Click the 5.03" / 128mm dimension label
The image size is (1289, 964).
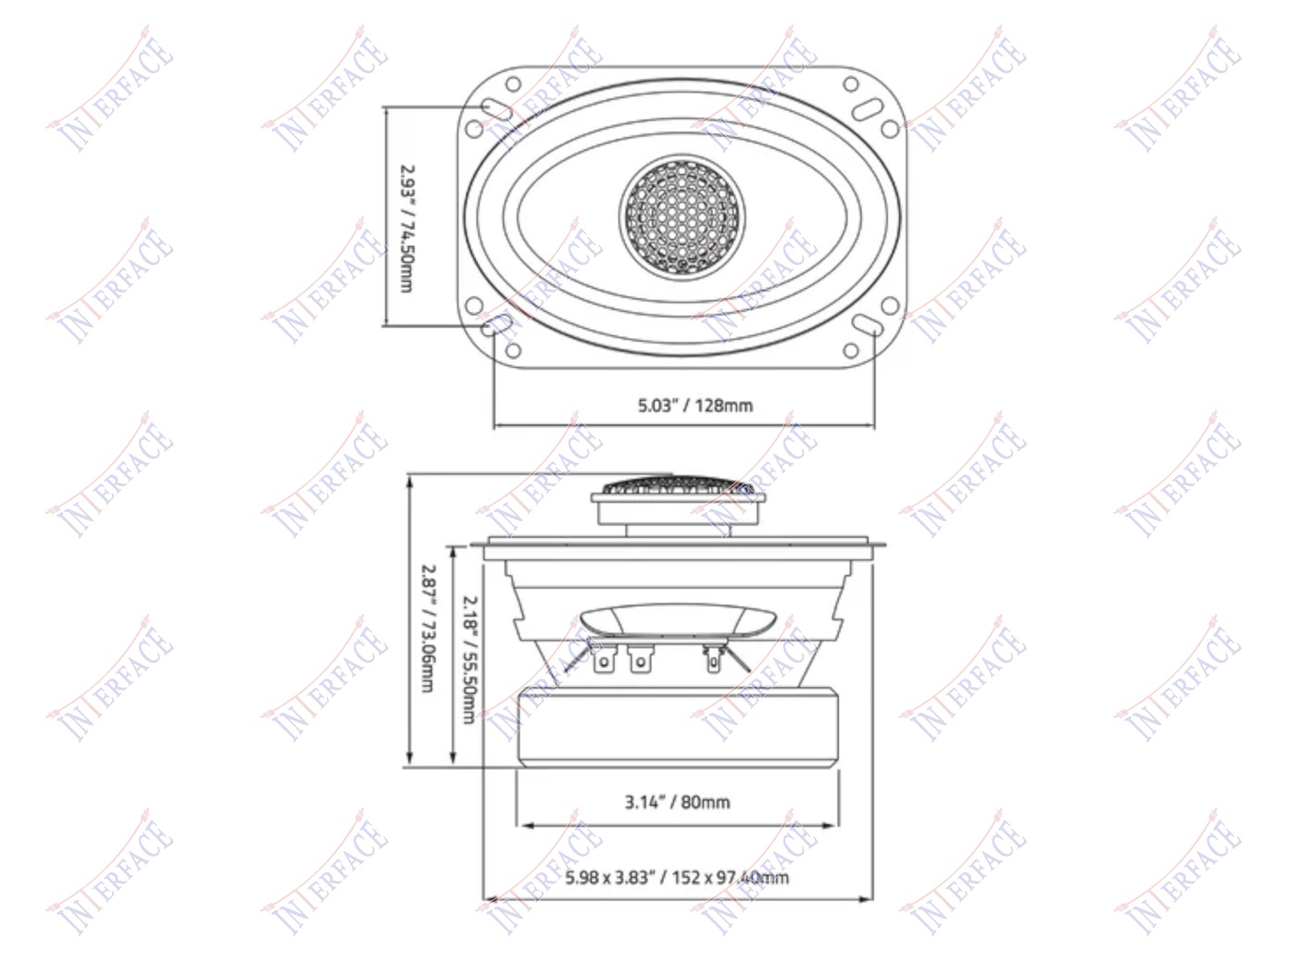[695, 406]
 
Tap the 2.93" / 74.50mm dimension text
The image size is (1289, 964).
[407, 228]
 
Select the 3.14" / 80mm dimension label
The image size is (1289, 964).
[677, 802]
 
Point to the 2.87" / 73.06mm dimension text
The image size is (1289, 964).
[429, 628]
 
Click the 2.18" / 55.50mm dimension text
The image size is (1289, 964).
[469, 660]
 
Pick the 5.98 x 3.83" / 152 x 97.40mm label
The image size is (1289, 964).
[677, 878]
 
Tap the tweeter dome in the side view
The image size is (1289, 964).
[678, 486]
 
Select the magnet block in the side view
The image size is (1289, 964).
[678, 727]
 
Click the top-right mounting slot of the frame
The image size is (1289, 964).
[868, 109]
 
